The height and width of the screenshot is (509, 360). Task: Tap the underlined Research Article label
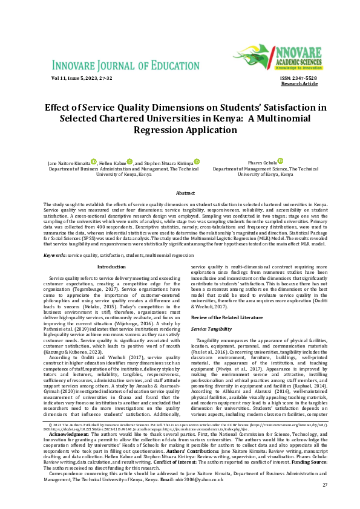(x=299, y=83)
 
